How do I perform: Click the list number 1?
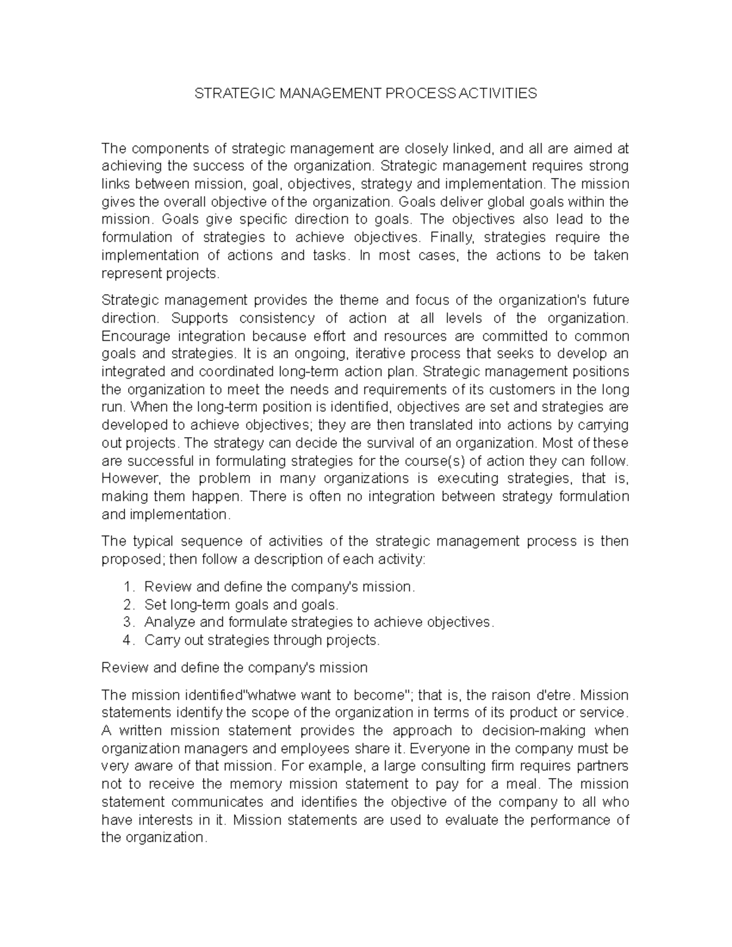pos(127,587)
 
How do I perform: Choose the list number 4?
pos(127,640)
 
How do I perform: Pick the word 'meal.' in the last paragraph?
pos(525,784)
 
